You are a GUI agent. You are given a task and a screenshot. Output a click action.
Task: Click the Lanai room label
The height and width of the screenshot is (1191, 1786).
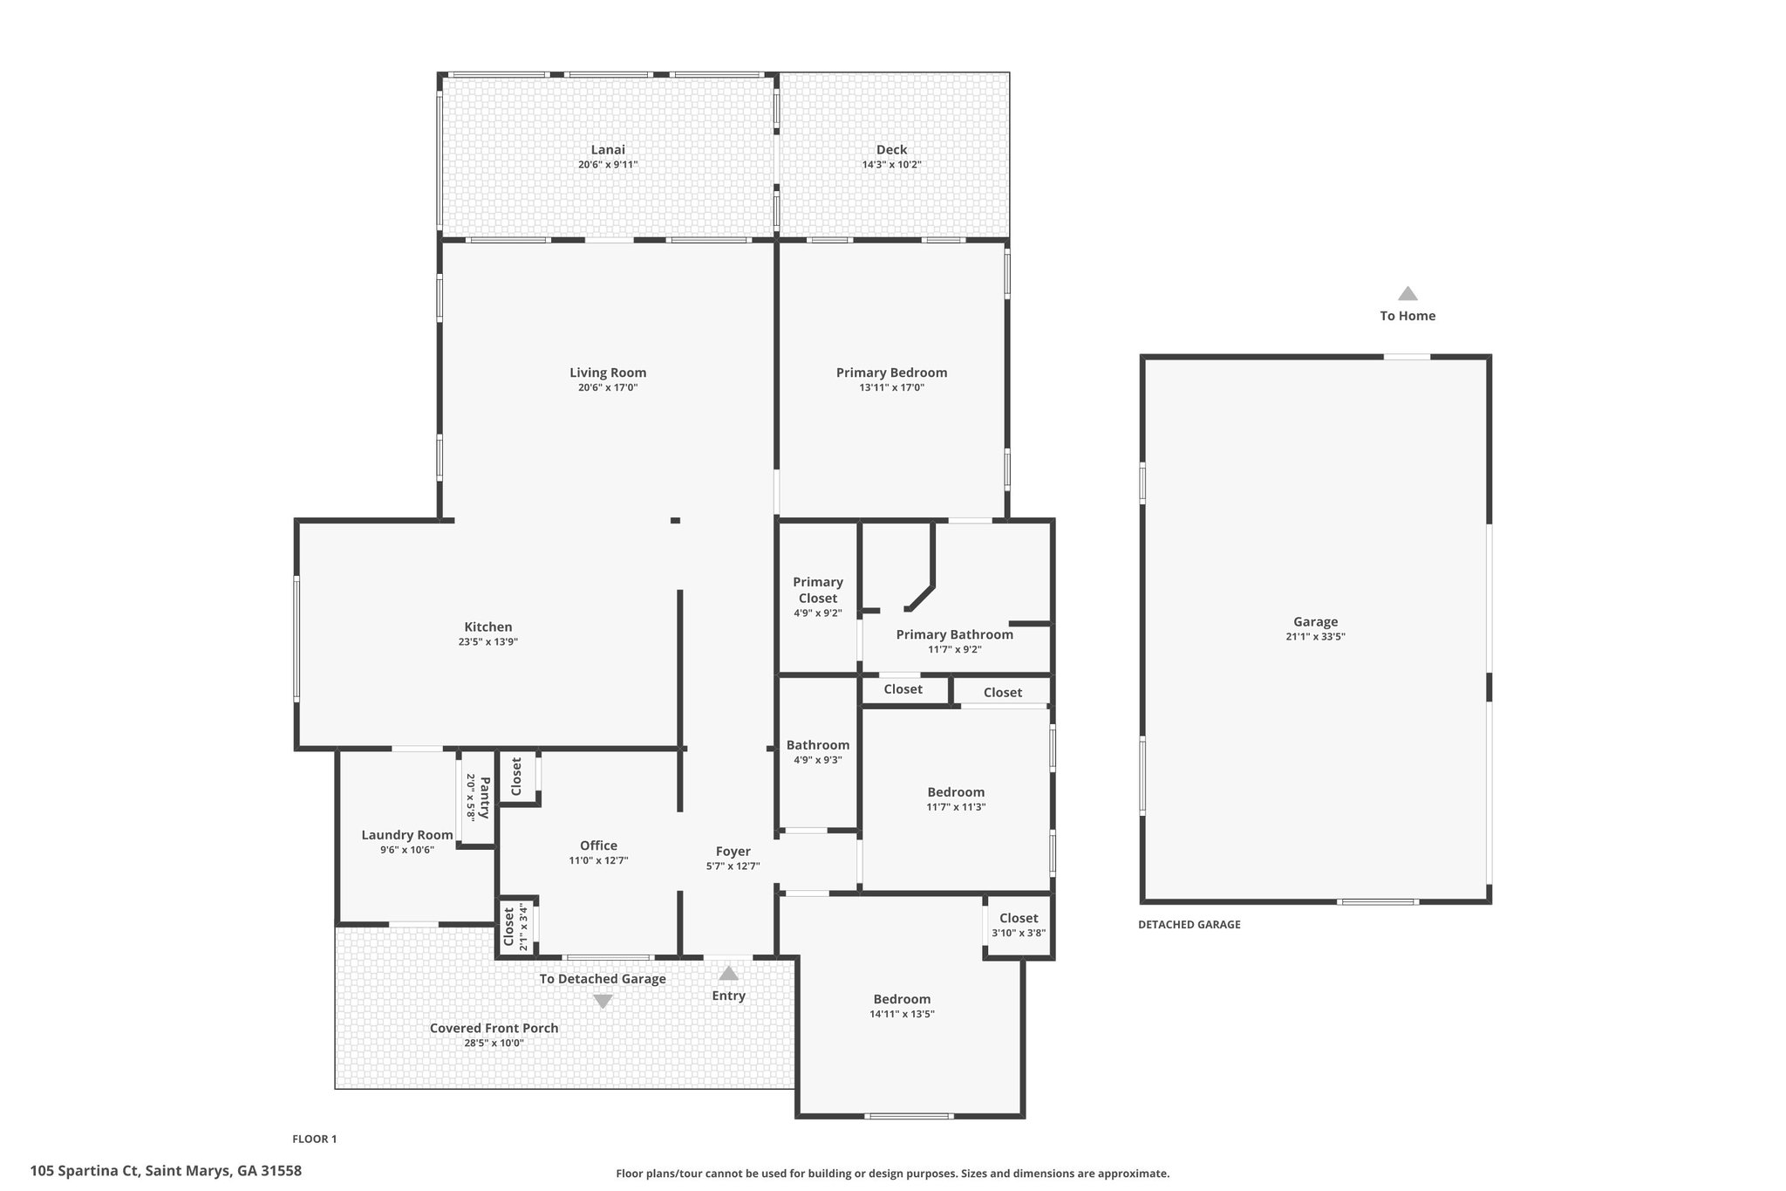[608, 150]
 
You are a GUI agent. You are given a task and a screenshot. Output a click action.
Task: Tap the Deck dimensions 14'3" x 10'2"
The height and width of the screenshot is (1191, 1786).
[891, 165]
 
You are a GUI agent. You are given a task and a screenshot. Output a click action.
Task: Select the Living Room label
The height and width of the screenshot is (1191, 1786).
[608, 373]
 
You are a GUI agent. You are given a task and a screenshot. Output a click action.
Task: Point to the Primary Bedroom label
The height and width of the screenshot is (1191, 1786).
[891, 373]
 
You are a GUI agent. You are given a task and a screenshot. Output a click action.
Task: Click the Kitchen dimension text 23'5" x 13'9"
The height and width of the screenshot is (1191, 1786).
[488, 642]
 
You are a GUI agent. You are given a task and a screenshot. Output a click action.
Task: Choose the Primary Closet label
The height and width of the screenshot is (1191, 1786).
[817, 590]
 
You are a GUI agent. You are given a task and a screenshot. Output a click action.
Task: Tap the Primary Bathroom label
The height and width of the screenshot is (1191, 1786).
[955, 634]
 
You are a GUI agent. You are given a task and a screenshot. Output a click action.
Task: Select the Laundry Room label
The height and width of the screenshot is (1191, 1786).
[407, 835]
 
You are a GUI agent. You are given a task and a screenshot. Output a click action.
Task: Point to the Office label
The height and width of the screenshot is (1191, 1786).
[598, 845]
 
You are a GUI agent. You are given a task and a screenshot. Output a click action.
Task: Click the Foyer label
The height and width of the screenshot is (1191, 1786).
[733, 852]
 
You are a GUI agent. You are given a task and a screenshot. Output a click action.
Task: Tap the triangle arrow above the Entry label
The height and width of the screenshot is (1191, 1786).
[728, 973]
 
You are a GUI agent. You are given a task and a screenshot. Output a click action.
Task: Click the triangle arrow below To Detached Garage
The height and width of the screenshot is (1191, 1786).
[603, 1002]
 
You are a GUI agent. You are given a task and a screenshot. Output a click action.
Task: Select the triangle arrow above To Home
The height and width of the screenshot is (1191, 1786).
[1408, 293]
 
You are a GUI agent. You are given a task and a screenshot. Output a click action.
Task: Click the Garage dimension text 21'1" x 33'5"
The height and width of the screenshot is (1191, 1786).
[1315, 637]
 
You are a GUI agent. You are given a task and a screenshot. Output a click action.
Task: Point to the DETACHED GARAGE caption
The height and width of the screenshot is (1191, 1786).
[1189, 925]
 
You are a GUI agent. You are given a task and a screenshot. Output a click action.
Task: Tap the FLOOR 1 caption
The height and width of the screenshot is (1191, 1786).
[314, 1139]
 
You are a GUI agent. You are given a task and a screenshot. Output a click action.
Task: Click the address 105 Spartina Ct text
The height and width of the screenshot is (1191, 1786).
[84, 1171]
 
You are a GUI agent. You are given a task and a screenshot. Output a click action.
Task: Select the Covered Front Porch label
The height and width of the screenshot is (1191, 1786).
[494, 1028]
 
